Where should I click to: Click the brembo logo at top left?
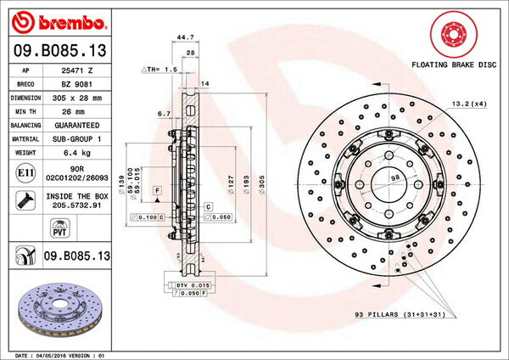pos(59,20)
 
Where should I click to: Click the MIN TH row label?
pos(25,111)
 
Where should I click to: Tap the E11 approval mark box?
pos(25,172)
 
